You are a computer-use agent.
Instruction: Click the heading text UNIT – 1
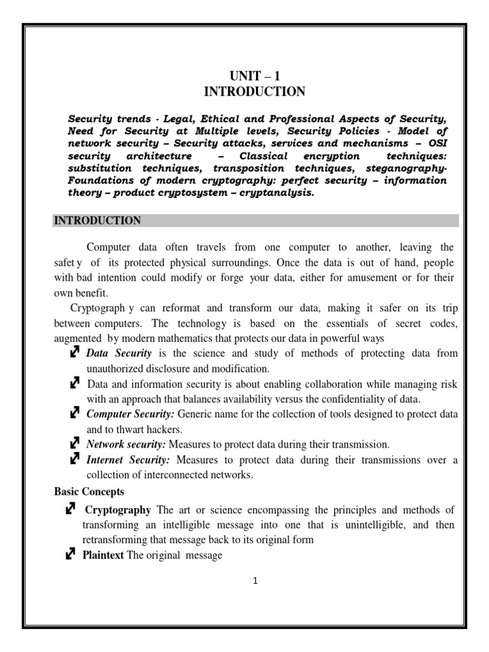254,76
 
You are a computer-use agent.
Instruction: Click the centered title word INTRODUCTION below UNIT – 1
254,92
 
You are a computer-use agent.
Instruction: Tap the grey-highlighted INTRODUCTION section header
97,221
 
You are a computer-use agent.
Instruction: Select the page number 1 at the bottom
255,581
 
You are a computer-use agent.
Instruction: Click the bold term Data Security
119,353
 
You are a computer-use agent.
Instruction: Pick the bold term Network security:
125,444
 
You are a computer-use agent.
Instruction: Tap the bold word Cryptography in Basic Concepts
118,510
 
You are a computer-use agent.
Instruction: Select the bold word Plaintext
104,555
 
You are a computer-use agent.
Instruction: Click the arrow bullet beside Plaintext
70,555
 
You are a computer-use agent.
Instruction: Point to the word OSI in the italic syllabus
436,144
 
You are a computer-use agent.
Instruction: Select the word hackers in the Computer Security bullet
164,429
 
